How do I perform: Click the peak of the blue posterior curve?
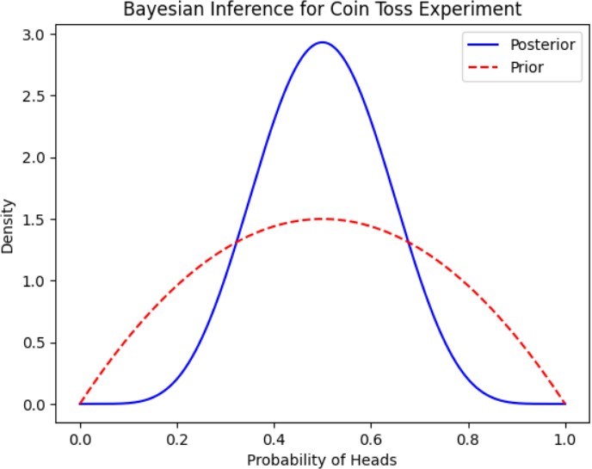pyautogui.click(x=323, y=42)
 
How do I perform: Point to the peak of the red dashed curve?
pyautogui.click(x=323, y=219)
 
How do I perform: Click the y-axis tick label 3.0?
pyautogui.click(x=34, y=34)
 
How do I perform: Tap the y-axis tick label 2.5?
pyautogui.click(x=34, y=96)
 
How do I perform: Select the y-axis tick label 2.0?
pyautogui.click(x=34, y=158)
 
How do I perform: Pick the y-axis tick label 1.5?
pyautogui.click(x=34, y=219)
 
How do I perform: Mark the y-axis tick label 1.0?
pyautogui.click(x=34, y=281)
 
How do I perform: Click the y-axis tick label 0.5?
pyautogui.click(x=34, y=343)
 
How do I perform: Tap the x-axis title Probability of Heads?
pyautogui.click(x=323, y=460)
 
